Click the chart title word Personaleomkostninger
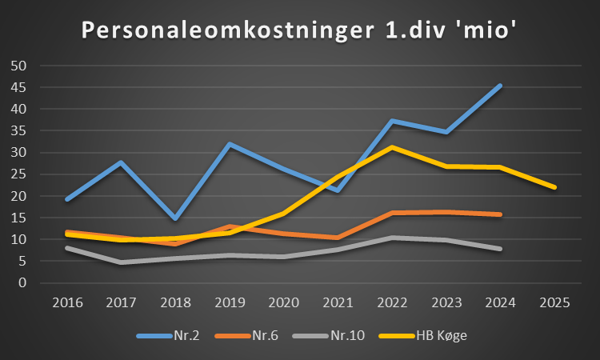tap(228, 30)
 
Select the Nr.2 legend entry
tap(168, 335)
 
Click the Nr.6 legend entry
tap(247, 335)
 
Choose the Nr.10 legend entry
tap(329, 335)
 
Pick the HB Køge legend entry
tap(423, 335)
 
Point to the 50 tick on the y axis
tap(18, 66)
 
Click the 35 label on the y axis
tap(18, 131)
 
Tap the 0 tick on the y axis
tap(22, 282)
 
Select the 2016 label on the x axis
tap(67, 302)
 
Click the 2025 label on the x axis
tap(555, 302)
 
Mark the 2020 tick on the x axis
tap(283, 302)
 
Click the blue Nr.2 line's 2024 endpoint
tap(500, 86)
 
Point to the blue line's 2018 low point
tap(175, 218)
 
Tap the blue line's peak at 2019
tap(230, 144)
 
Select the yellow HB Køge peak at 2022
tap(392, 147)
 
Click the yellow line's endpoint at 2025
tap(554, 187)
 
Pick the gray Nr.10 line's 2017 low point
tap(122, 262)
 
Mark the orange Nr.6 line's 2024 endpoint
tap(500, 214)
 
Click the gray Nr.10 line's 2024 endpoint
tap(500, 249)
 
